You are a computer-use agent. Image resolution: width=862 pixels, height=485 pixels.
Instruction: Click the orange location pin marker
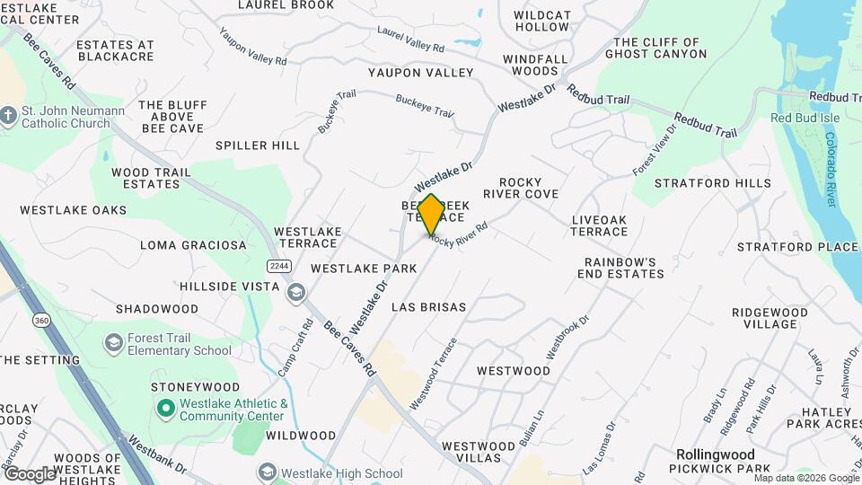coord(431,214)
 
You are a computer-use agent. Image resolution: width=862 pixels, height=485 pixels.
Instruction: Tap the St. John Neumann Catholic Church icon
coord(9,116)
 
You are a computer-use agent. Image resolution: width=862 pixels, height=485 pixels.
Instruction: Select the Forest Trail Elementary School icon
coord(113,343)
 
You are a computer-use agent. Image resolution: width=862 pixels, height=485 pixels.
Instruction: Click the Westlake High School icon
coord(267,472)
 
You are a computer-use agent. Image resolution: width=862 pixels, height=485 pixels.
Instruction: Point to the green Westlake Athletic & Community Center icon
coord(165,410)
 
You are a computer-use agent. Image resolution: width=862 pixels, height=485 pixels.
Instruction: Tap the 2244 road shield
coord(277,266)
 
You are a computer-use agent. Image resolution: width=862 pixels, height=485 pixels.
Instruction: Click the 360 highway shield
coord(41,321)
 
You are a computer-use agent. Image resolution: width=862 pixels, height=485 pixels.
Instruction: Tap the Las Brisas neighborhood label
coord(429,307)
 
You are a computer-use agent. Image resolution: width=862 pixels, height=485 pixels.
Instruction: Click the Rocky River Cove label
coord(521,188)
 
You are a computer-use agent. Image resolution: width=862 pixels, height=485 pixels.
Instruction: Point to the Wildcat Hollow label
coord(541,21)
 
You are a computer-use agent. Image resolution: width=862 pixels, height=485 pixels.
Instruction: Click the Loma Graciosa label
coord(193,245)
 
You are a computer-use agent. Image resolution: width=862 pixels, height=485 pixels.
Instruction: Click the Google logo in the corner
coord(30,473)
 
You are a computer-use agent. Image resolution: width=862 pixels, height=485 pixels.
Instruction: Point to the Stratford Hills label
coord(712,183)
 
